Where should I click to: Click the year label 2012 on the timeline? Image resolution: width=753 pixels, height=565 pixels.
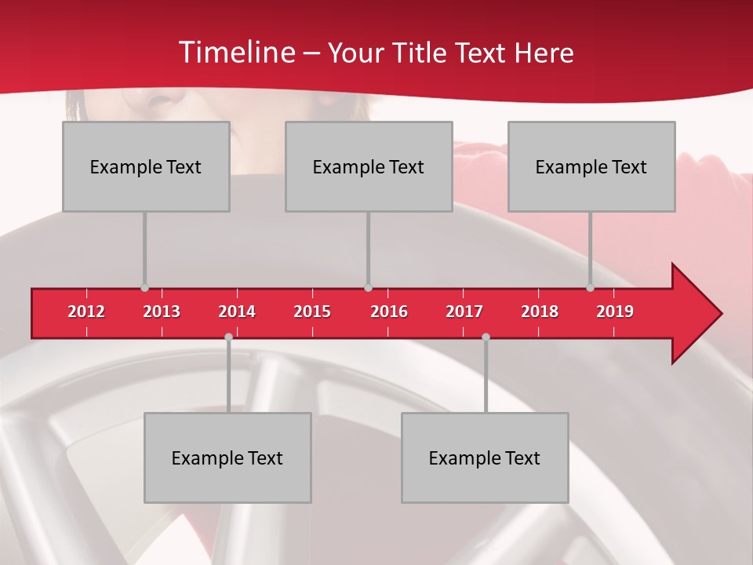[x=86, y=312]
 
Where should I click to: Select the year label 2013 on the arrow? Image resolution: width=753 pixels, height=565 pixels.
[x=162, y=312]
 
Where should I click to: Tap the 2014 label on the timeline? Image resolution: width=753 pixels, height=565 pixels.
[x=237, y=312]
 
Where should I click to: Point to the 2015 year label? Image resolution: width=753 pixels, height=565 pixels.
[x=312, y=312]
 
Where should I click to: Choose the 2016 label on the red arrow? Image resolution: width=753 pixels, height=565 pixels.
[x=389, y=312]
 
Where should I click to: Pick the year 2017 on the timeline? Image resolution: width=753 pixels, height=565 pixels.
[x=464, y=312]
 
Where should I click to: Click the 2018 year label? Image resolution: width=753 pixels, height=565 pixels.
[x=540, y=312]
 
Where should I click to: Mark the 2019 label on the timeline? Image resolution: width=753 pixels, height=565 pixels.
[x=615, y=312]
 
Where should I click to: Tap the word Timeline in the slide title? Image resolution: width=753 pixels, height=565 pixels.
[x=235, y=53]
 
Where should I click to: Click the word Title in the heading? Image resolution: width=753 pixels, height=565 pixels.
[x=424, y=53]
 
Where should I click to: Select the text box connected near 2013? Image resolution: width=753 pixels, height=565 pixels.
[x=146, y=166]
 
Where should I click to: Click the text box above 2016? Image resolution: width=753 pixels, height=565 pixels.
[x=369, y=166]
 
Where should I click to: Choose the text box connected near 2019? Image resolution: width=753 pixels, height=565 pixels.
[x=591, y=166]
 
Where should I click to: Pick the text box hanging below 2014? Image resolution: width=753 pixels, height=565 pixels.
[x=227, y=457]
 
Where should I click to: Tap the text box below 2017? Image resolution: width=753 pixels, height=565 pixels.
[x=485, y=457]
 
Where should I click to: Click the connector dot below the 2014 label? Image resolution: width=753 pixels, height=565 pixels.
[x=228, y=337]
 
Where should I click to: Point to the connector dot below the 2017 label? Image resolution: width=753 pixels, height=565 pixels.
[x=486, y=337]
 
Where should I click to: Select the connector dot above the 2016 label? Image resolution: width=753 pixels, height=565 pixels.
[x=368, y=288]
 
